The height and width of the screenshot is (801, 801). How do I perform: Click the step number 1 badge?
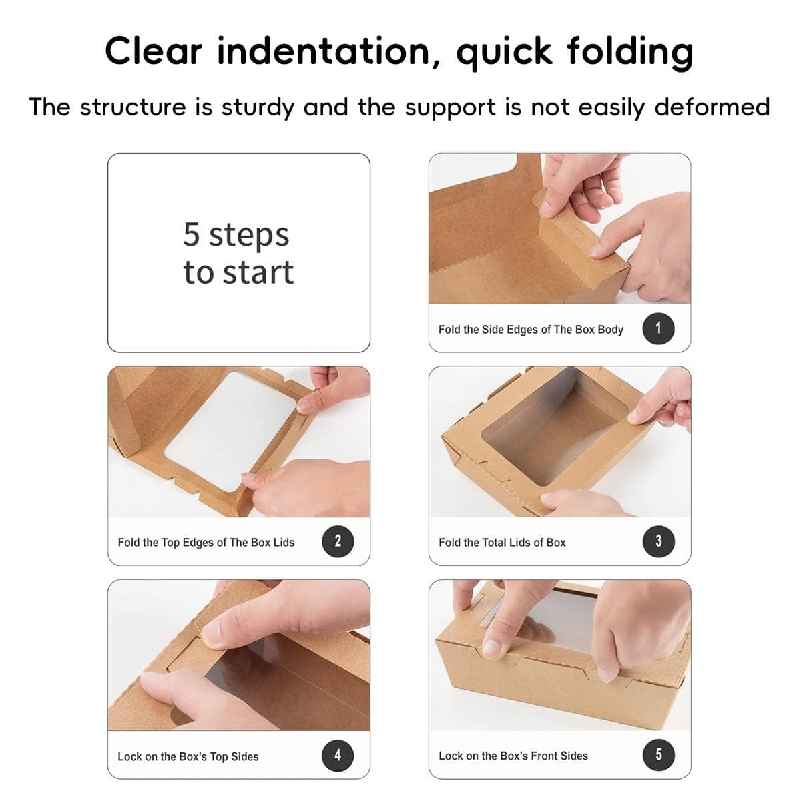658,329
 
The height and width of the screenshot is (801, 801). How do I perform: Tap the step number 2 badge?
338,541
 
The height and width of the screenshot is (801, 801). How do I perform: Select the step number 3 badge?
658,541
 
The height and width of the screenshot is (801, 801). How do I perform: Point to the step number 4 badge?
338,755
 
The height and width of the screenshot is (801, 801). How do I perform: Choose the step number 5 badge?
658,754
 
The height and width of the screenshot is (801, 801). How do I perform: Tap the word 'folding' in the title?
630,53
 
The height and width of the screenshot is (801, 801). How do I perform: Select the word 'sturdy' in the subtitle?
258,108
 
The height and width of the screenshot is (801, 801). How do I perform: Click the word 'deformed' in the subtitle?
712,107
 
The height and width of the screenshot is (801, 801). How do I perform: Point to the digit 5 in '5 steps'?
191,234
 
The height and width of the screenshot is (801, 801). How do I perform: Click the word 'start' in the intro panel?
258,273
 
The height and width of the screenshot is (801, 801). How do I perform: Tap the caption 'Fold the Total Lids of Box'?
502,543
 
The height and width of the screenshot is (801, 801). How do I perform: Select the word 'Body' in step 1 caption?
610,330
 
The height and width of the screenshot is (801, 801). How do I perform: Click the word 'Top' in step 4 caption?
218,756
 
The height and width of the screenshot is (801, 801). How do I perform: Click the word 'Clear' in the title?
154,51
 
